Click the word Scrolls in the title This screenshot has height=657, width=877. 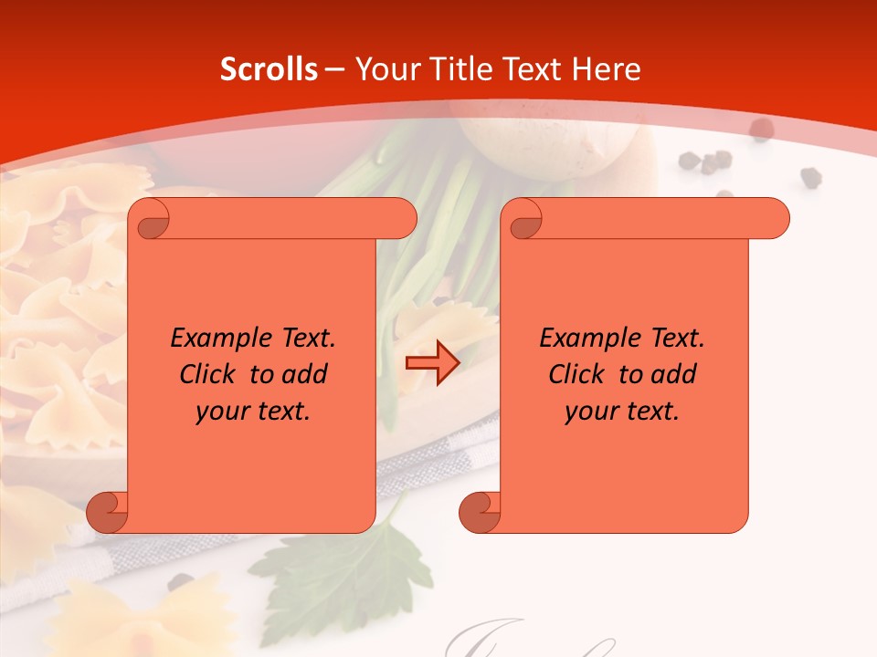pyautogui.click(x=269, y=69)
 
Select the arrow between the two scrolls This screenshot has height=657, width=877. pyautogui.click(x=432, y=363)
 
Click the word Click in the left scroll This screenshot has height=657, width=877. pyautogui.click(x=206, y=374)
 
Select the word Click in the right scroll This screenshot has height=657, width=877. pyautogui.click(x=576, y=374)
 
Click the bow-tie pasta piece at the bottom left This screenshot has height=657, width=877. pyautogui.click(x=137, y=620)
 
